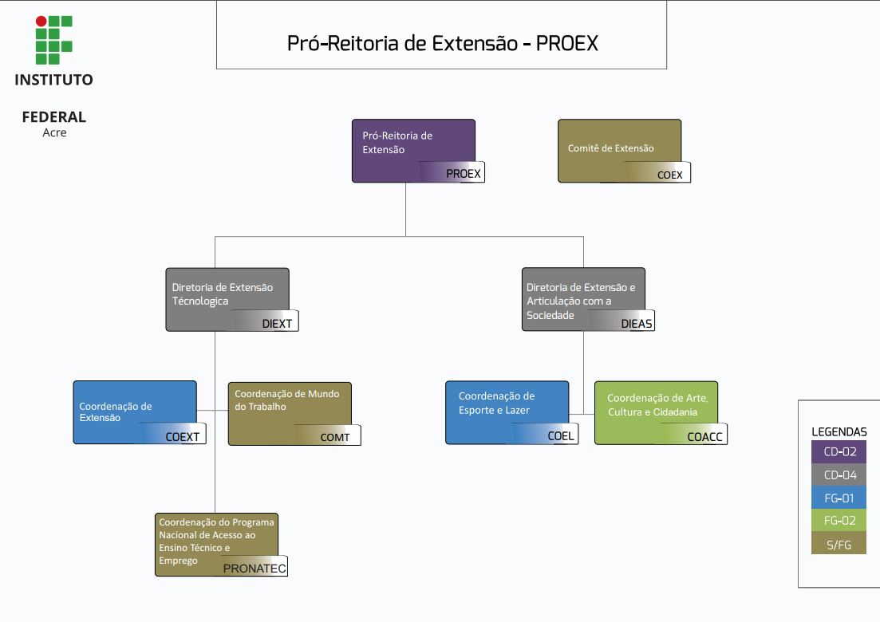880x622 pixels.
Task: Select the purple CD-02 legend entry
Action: [x=839, y=452]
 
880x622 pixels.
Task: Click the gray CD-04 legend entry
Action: [x=839, y=475]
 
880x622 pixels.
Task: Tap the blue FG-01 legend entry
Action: [x=839, y=498]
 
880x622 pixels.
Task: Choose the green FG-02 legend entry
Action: [x=839, y=521]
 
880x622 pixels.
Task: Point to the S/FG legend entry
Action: [x=839, y=544]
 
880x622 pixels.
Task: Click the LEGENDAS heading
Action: [x=839, y=432]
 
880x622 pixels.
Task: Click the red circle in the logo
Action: [x=41, y=22]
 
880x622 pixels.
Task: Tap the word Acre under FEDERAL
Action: [x=54, y=133]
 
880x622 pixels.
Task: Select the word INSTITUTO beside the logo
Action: [x=54, y=80]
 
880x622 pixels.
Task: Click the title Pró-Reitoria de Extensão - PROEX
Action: [x=442, y=43]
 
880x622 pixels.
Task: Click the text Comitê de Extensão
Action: [x=610, y=148]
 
